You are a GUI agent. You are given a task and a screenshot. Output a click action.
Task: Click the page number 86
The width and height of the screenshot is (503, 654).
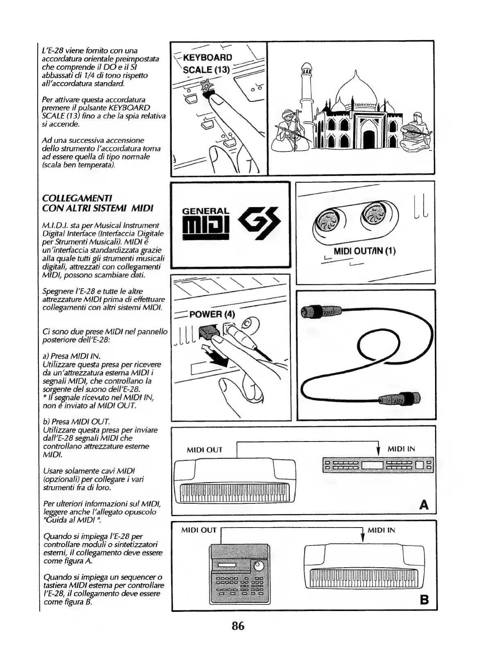(x=238, y=626)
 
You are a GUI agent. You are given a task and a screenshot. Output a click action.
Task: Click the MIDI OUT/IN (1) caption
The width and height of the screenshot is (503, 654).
(x=364, y=251)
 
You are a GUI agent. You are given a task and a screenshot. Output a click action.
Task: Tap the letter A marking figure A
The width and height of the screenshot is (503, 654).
(x=424, y=505)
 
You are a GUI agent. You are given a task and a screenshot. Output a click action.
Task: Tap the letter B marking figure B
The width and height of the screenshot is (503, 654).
(x=424, y=600)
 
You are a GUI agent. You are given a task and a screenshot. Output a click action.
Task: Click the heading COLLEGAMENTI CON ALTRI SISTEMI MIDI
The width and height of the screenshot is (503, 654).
(x=98, y=203)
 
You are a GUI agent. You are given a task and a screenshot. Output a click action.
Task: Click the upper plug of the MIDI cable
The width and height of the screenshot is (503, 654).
(x=321, y=312)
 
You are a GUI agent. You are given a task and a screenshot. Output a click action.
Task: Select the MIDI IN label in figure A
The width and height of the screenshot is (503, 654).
(x=401, y=449)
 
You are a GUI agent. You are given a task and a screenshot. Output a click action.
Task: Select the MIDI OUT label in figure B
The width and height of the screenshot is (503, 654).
(x=198, y=530)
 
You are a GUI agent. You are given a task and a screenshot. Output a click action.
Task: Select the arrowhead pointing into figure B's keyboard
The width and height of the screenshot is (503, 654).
(x=363, y=538)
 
